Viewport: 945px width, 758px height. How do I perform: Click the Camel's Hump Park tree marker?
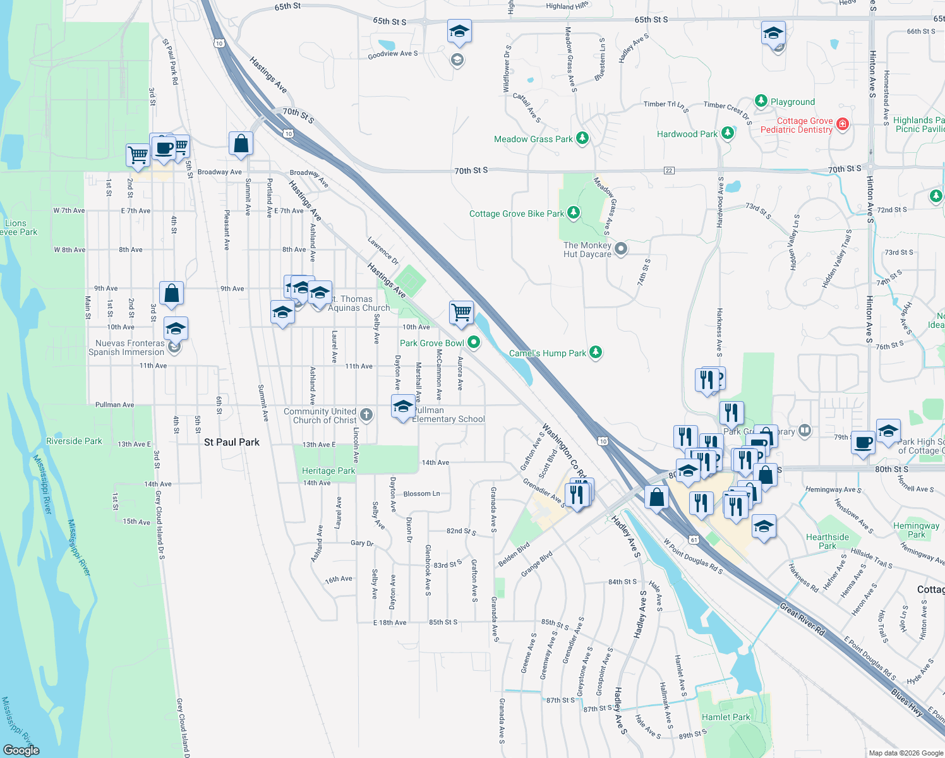(x=596, y=352)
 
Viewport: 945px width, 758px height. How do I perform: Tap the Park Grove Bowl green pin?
(x=474, y=342)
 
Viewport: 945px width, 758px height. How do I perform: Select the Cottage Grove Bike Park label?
(x=516, y=214)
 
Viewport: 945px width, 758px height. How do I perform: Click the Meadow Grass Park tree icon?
(x=582, y=138)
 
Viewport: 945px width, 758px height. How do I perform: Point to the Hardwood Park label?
(x=687, y=134)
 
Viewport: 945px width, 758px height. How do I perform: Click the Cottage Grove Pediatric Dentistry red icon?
(x=842, y=124)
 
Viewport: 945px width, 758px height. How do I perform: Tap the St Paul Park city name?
(x=232, y=442)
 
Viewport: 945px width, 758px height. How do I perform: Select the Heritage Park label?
(x=328, y=471)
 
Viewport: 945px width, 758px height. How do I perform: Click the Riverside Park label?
(x=74, y=441)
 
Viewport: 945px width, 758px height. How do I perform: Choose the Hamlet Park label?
(x=726, y=717)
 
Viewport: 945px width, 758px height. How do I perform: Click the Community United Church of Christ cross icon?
(x=366, y=415)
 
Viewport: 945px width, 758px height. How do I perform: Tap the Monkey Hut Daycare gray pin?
(x=621, y=249)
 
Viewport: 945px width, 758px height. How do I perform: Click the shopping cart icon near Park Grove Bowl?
(x=462, y=312)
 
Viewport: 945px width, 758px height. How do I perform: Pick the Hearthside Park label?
(x=827, y=541)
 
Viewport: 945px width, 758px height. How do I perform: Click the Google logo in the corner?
(x=21, y=750)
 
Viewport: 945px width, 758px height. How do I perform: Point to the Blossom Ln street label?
(x=421, y=493)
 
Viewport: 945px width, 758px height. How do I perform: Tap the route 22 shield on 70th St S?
(x=669, y=171)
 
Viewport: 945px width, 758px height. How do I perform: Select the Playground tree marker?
(x=761, y=101)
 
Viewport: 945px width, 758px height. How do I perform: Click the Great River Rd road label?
(x=802, y=619)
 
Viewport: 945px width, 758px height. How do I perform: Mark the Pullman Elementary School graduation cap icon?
(x=403, y=407)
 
